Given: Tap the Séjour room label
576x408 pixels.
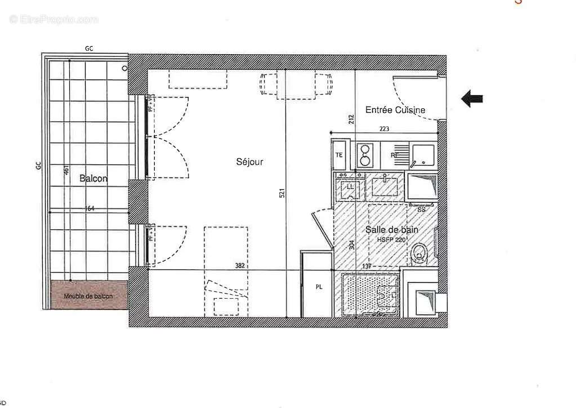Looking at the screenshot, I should point(249,162).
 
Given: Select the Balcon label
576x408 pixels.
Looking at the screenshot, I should point(93,179).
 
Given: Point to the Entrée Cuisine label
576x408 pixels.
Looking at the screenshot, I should point(395,110).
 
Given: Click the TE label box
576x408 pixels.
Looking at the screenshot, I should point(340,155).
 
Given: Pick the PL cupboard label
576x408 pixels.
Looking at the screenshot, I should point(319,287).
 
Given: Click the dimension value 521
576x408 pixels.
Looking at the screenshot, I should point(282,193).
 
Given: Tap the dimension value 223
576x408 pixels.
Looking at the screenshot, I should point(384,129).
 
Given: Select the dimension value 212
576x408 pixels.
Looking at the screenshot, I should point(351,119).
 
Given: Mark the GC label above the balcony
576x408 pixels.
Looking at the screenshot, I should point(89,49).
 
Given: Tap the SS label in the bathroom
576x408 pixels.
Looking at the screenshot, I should point(421,209).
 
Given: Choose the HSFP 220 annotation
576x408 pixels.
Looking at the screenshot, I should point(391,240).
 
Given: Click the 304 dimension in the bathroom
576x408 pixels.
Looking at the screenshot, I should point(352,245).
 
